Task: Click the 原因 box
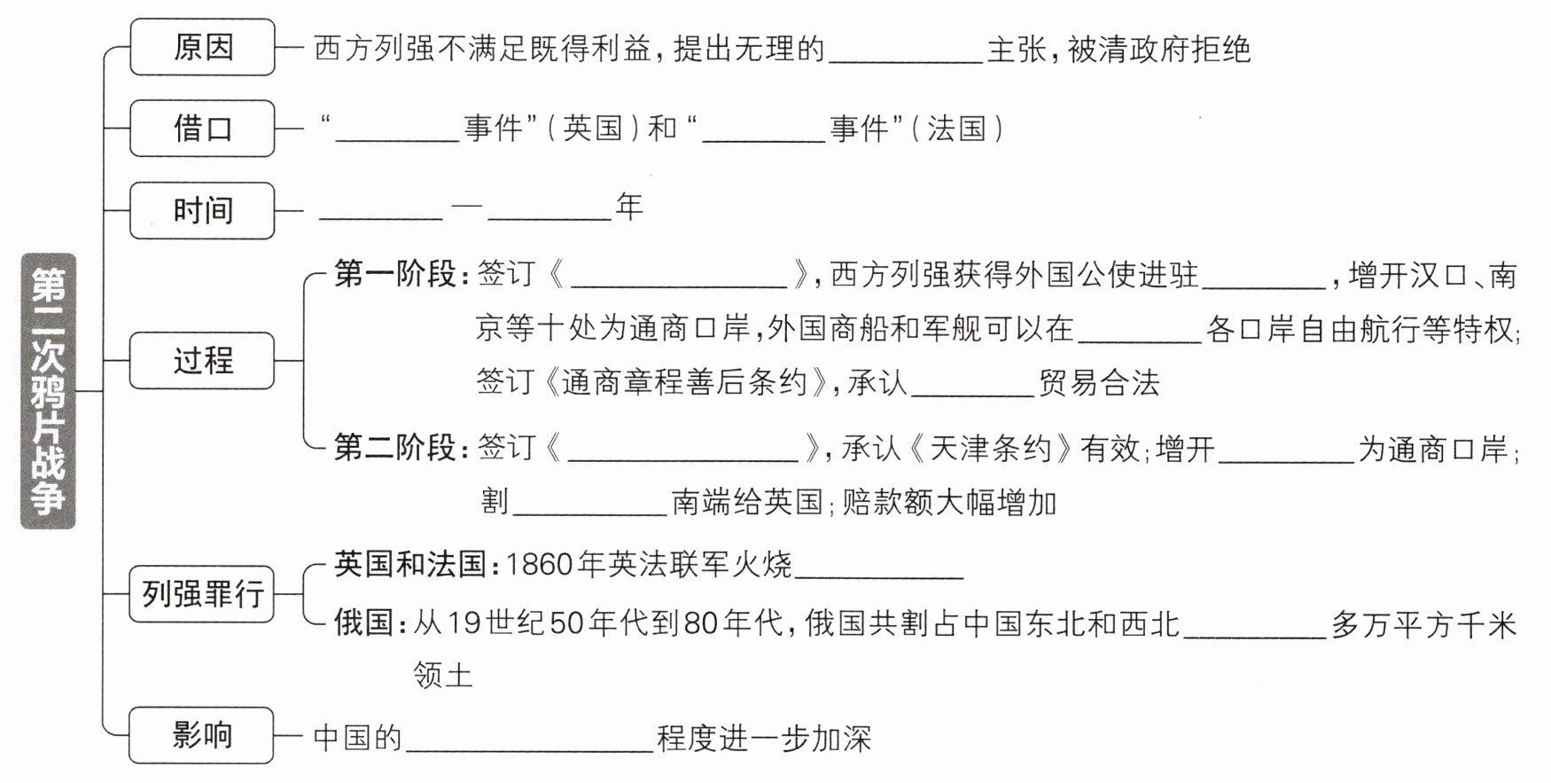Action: pos(202,47)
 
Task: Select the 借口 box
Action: pos(202,129)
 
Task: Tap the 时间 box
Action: pos(202,210)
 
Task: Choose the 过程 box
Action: pos(202,360)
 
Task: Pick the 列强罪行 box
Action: pos(202,593)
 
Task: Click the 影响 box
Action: pos(202,735)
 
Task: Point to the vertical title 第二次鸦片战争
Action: pos(49,391)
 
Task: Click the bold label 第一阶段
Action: pos(394,274)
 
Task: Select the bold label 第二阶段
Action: pos(394,448)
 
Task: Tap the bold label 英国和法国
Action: pos(410,564)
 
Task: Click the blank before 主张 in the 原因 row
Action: pos(905,51)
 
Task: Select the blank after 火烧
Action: pos(878,568)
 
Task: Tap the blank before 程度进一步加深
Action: pos(529,740)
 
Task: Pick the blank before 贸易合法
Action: pos(972,385)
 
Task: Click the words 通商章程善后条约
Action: pos(684,382)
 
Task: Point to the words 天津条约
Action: pos(990,449)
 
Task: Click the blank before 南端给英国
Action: pos(589,505)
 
